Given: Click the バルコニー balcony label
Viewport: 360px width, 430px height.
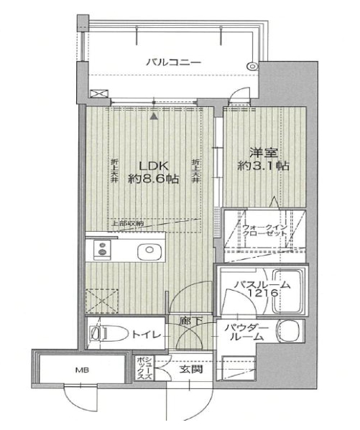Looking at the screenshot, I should [173, 62].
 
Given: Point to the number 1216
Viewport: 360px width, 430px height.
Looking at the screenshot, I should [259, 296].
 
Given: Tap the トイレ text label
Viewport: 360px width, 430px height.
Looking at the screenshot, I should [147, 335].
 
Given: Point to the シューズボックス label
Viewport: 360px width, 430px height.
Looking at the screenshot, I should [143, 368].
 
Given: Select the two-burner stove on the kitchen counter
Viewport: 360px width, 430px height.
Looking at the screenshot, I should [103, 251].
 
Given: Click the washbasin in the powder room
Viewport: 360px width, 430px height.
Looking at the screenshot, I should [289, 332].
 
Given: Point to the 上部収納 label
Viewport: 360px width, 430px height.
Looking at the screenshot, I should [126, 224].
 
